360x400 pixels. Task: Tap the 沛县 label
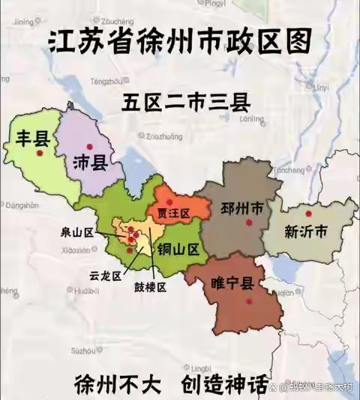90,164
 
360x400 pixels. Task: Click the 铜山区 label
177,250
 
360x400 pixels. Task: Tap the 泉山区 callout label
77,233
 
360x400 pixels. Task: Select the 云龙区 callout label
104,275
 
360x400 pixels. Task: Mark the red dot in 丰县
40,154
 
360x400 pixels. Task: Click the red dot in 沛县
89,146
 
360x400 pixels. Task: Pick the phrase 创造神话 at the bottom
224,384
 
